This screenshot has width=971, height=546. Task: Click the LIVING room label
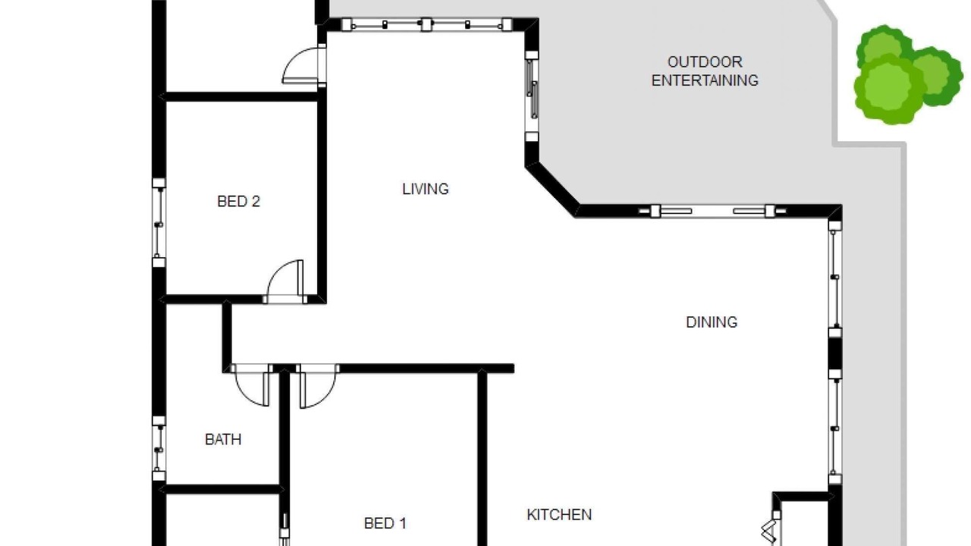click(x=426, y=189)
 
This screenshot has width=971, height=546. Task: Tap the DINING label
click(x=712, y=322)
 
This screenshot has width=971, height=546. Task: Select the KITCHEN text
click(x=559, y=514)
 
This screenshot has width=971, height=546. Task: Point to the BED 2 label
click(x=238, y=201)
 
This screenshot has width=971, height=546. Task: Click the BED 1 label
click(x=385, y=523)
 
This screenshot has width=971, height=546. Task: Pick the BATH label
click(x=223, y=439)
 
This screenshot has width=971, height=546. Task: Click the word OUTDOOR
click(x=705, y=62)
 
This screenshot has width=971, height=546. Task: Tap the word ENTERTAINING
click(x=705, y=80)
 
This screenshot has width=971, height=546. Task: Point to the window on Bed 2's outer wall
click(x=159, y=222)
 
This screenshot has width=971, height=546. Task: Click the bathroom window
click(x=159, y=448)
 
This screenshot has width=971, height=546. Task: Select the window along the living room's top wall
click(x=426, y=25)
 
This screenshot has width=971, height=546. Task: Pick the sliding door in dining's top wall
click(x=712, y=211)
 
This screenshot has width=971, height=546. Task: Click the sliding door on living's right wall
click(x=532, y=96)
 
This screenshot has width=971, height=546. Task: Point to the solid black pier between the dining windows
click(x=835, y=354)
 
